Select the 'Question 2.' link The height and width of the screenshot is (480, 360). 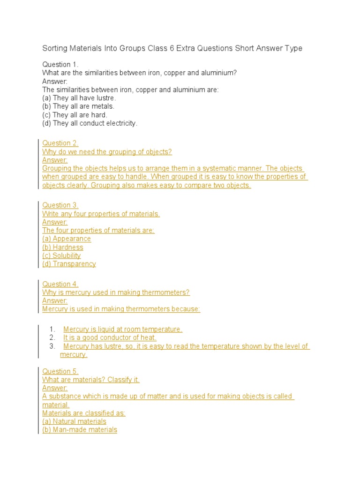pyautogui.click(x=60, y=143)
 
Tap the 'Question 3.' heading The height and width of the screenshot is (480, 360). pyautogui.click(x=60, y=205)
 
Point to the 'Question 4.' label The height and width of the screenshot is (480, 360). pyautogui.click(x=60, y=284)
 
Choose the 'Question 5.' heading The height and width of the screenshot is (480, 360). pyautogui.click(x=60, y=371)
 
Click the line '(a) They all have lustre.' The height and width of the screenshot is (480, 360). pyautogui.click(x=79, y=98)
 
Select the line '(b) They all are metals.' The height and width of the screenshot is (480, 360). pyautogui.click(x=78, y=106)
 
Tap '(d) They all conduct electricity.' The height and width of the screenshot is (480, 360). pyautogui.click(x=90, y=123)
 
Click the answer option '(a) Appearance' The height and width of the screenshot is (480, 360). pyautogui.click(x=67, y=239)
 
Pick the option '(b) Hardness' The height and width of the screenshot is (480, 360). pyautogui.click(x=63, y=247)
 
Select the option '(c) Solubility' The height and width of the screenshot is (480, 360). pyautogui.click(x=61, y=255)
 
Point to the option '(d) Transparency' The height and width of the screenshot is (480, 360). pyautogui.click(x=69, y=264)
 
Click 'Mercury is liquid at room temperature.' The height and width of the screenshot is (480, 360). pyautogui.click(x=123, y=329)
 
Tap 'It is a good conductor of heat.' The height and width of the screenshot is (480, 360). pyautogui.click(x=110, y=337)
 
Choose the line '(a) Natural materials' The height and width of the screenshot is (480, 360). pyautogui.click(x=74, y=421)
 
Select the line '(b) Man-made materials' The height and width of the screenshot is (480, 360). pyautogui.click(x=80, y=430)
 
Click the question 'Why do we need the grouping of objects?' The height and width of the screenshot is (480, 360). pyautogui.click(x=107, y=151)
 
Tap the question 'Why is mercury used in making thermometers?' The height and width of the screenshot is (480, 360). pyautogui.click(x=116, y=292)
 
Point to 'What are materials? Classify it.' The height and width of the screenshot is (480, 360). pyautogui.click(x=91, y=380)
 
